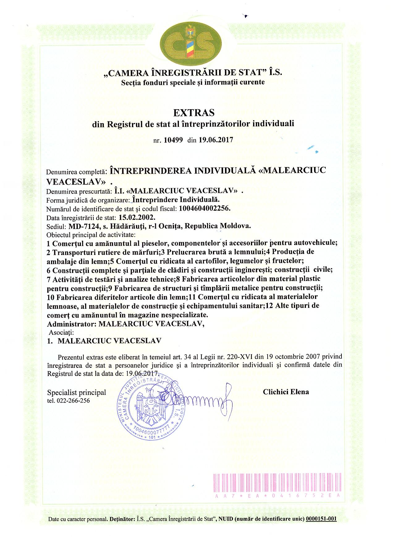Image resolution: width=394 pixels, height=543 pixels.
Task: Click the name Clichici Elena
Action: (x=286, y=392)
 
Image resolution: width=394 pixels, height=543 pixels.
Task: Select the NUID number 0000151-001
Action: (x=321, y=519)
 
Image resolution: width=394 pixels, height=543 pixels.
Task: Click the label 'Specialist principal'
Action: (x=76, y=392)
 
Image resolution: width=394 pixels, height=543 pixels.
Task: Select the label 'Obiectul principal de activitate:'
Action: (x=91, y=235)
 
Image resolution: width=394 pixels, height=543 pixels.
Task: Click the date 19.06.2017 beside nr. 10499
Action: (x=215, y=140)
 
